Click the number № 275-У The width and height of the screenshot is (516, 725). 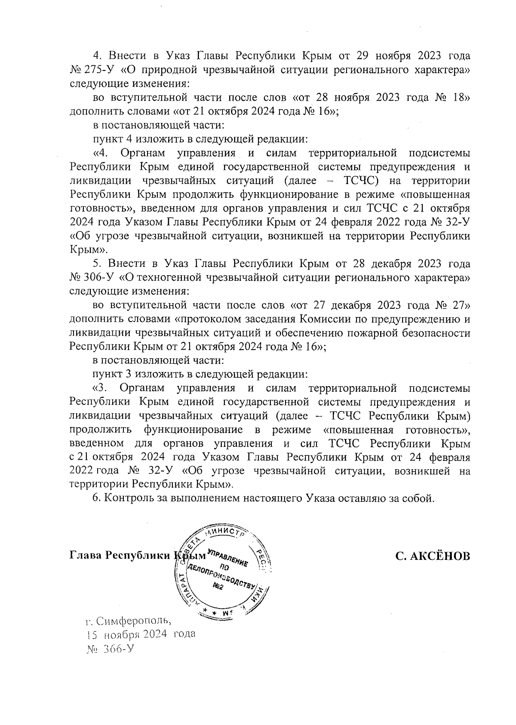pyautogui.click(x=91, y=70)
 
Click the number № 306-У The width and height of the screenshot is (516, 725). pyautogui.click(x=91, y=277)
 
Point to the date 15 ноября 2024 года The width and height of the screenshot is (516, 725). pyautogui.click(x=141, y=634)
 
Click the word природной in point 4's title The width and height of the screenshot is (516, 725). pyautogui.click(x=168, y=70)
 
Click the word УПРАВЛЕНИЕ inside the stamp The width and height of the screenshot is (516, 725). pyautogui.click(x=227, y=558)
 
